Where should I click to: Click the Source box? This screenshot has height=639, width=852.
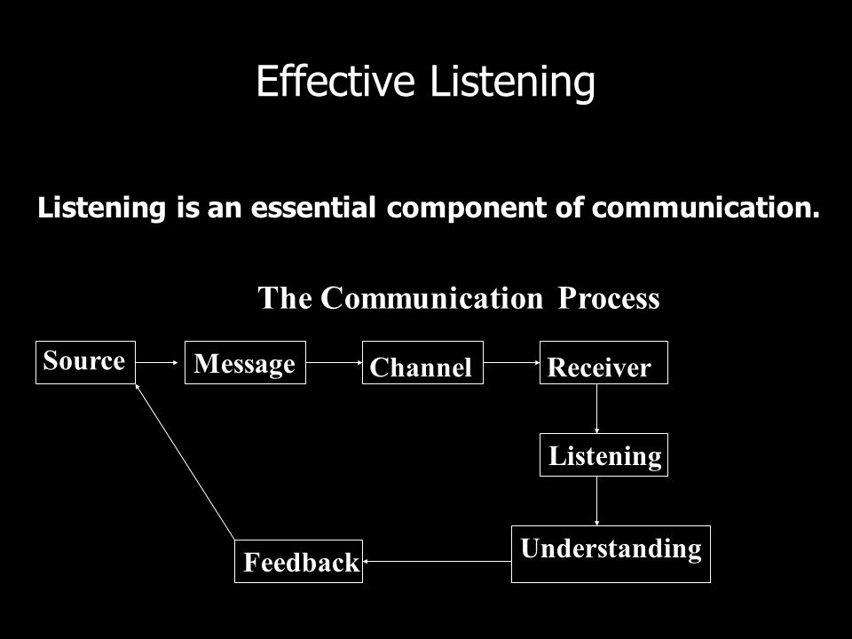click(85, 362)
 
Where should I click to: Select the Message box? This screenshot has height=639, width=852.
click(245, 362)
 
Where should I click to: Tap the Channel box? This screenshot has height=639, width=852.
click(422, 362)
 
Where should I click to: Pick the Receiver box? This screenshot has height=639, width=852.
click(603, 362)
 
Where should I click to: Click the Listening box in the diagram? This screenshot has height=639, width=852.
click(603, 454)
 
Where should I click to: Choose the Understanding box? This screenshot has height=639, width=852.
click(611, 554)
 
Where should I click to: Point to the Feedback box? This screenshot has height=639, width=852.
click(298, 561)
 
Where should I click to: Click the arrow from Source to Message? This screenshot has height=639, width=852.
click(157, 362)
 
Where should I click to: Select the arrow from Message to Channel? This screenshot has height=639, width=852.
click(335, 362)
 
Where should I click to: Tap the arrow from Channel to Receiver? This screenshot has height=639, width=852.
click(511, 362)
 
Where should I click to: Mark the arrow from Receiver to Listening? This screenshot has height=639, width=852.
click(596, 408)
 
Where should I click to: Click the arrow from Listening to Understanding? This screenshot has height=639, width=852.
click(596, 501)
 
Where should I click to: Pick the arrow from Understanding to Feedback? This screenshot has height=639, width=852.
click(437, 561)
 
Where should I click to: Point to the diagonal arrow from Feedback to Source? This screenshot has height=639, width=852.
click(185, 461)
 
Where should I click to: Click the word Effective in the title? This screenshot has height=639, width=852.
click(335, 81)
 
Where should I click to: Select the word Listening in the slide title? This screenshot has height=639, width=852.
click(512, 82)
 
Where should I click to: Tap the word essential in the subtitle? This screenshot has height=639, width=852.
click(313, 208)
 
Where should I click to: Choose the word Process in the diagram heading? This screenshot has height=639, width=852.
click(609, 298)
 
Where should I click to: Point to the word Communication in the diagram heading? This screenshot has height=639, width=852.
click(432, 298)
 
